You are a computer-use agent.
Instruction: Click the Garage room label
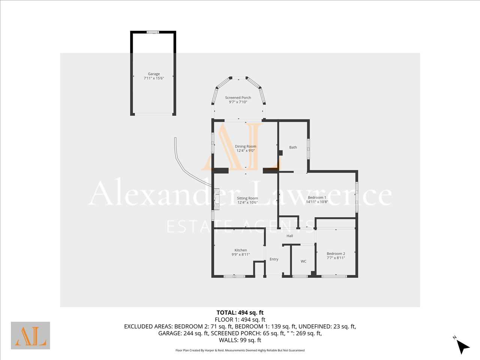154,74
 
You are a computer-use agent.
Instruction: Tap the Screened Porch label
238,97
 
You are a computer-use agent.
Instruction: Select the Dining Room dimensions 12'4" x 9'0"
246,151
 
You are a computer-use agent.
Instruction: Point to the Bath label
293,147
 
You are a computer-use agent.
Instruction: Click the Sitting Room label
247,198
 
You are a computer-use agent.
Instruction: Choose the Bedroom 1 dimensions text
317,202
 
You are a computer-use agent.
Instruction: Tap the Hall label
290,236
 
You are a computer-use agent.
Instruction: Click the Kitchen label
240,250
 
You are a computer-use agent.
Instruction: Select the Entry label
274,259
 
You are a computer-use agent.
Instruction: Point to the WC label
303,261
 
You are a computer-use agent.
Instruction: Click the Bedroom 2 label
336,253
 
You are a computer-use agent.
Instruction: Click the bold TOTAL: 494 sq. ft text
240,313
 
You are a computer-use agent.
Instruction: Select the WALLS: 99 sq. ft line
240,340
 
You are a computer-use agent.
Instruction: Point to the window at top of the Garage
153,32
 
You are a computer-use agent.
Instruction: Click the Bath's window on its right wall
308,149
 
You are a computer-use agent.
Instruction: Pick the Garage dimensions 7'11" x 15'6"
154,78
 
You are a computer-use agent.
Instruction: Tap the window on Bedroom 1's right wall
357,197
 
